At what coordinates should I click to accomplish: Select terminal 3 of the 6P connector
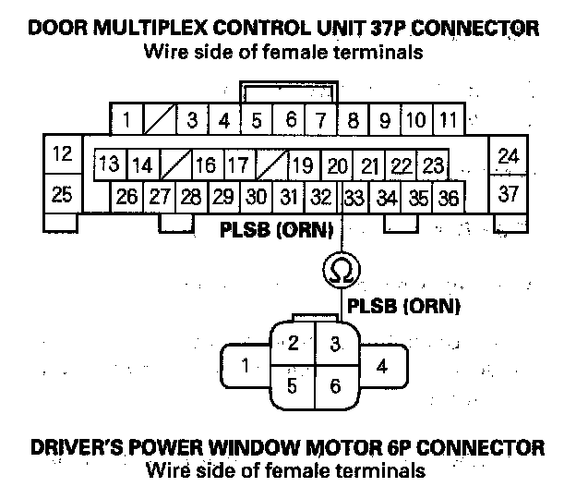click(x=335, y=344)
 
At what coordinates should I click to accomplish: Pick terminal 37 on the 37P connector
click(x=509, y=194)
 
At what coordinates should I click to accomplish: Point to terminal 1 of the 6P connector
click(x=245, y=365)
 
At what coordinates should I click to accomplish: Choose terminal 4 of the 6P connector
click(x=381, y=365)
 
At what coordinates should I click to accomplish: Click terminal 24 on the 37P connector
click(x=509, y=155)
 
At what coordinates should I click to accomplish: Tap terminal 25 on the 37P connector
click(x=63, y=194)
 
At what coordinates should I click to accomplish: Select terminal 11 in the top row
click(x=448, y=120)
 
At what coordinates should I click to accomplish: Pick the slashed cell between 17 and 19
click(x=270, y=166)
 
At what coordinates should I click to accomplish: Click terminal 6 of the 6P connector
click(x=335, y=386)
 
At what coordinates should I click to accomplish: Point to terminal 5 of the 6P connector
click(x=292, y=386)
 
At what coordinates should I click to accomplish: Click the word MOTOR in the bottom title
click(x=337, y=449)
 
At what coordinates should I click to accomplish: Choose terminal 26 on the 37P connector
click(x=127, y=197)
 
